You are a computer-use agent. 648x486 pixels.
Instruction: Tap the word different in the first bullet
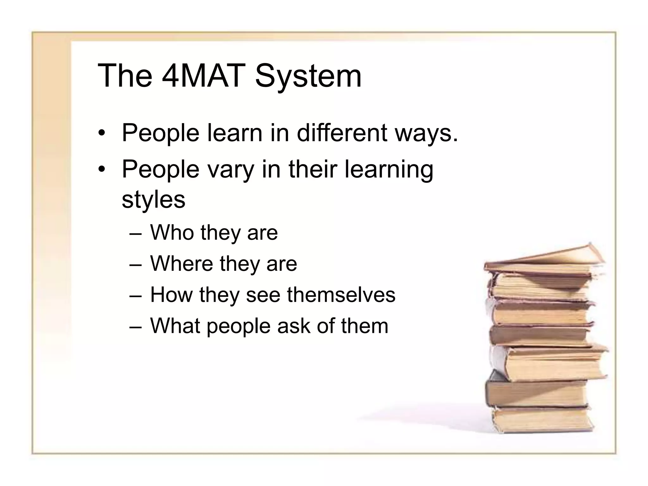[x=342, y=133]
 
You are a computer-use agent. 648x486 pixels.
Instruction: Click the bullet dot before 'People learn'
[x=101, y=133]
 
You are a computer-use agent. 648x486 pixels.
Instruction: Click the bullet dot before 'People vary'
[x=101, y=170]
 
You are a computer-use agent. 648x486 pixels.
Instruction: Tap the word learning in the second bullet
[x=389, y=170]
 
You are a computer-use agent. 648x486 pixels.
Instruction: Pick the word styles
[x=153, y=200]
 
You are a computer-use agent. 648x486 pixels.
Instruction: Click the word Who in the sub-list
[x=172, y=233]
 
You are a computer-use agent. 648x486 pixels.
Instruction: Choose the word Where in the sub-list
[x=182, y=264]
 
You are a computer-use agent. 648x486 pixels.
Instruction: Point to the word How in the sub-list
[x=171, y=295]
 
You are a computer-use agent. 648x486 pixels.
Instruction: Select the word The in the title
[x=125, y=76]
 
